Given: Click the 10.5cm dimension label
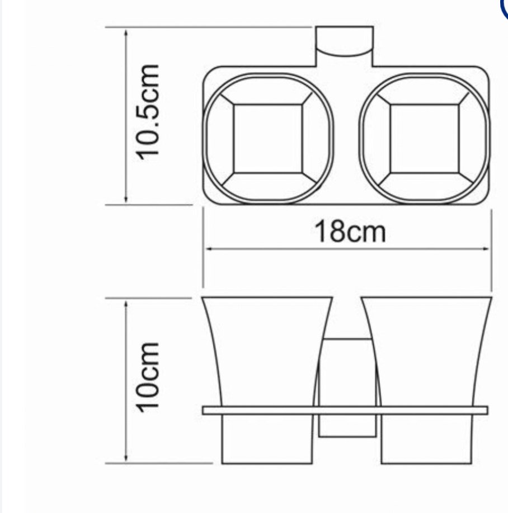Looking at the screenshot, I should click(x=149, y=112).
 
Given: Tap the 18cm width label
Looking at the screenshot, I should click(x=350, y=232).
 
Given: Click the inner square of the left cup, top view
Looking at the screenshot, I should click(x=268, y=138).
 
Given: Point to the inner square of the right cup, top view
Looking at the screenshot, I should click(x=425, y=138).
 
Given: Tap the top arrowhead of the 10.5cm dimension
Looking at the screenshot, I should click(x=126, y=31).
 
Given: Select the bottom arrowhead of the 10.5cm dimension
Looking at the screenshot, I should click(x=126, y=200).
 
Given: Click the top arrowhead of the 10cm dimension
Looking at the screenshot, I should click(x=126, y=303).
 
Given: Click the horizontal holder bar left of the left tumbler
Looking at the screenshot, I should click(x=210, y=411).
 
